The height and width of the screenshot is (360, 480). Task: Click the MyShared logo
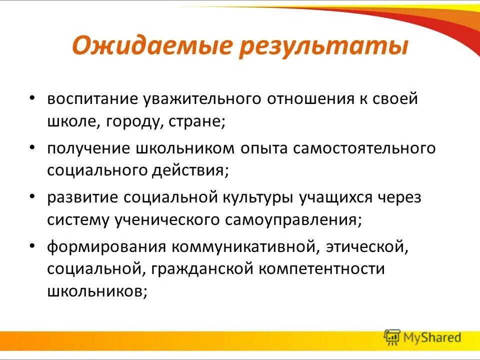422,337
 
